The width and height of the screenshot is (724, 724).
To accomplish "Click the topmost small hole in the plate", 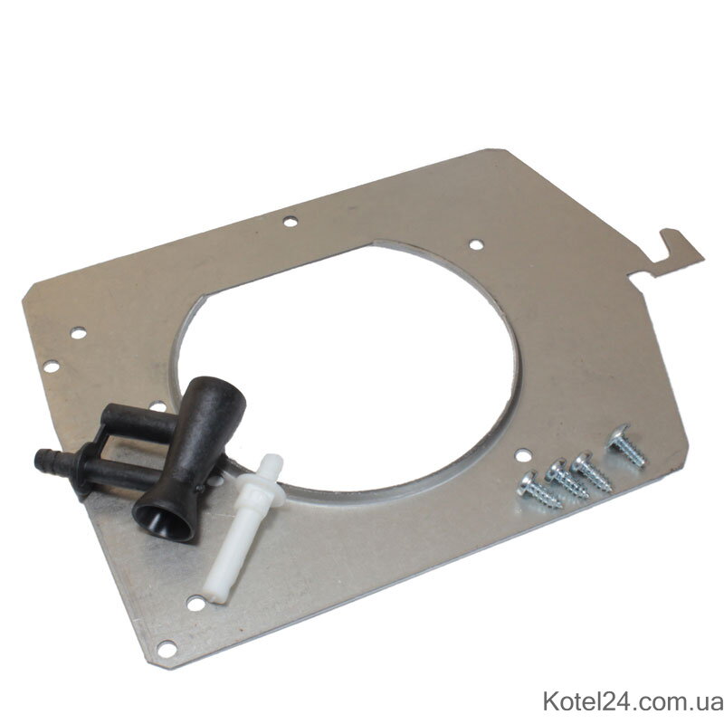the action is (290, 222).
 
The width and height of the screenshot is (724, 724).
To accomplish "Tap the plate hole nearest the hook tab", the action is (476, 244).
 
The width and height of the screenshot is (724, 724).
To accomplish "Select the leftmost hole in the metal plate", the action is (52, 367).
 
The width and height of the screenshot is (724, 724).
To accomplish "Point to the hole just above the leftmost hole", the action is (79, 332).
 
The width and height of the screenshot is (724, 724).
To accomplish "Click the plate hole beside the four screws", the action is (522, 455).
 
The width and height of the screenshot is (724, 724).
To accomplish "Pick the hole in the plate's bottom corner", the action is (167, 649).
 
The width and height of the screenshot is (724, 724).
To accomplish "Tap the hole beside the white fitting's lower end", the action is (195, 603).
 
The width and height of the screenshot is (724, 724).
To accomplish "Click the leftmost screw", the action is (538, 491).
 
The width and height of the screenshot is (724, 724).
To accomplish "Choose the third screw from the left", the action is (592, 472).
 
